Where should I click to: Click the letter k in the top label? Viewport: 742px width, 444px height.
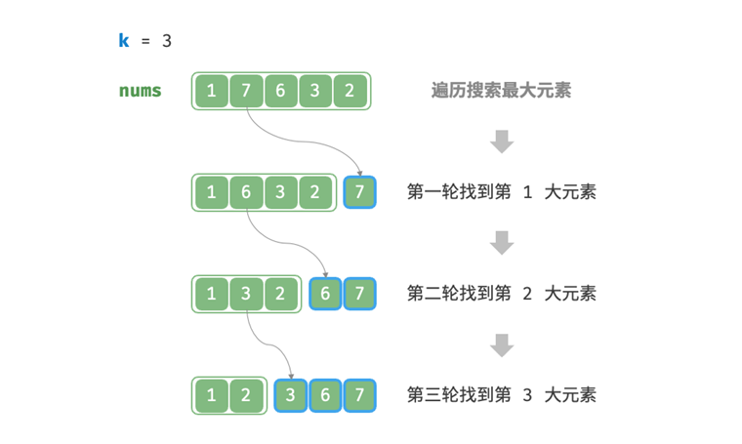coord(123,41)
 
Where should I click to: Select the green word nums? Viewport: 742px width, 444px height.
coord(141,91)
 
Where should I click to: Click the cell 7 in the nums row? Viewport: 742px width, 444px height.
coord(246,91)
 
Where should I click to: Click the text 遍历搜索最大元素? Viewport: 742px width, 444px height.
coord(501,91)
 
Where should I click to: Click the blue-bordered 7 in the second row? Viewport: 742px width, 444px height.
coord(360,192)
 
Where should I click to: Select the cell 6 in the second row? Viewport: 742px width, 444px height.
coord(246,192)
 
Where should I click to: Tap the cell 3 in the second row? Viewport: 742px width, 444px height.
coord(280,192)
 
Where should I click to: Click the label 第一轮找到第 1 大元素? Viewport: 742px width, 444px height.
coord(501,192)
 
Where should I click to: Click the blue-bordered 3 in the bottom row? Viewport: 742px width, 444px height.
coord(292,395)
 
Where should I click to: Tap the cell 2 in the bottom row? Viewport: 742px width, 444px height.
coord(246,395)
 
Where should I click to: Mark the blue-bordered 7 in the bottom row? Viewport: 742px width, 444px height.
coord(360,395)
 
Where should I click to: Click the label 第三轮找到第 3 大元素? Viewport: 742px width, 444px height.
coord(501,395)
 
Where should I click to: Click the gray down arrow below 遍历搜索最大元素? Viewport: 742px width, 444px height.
coord(502,141)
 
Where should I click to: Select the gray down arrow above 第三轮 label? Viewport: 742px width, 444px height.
coord(502,344)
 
